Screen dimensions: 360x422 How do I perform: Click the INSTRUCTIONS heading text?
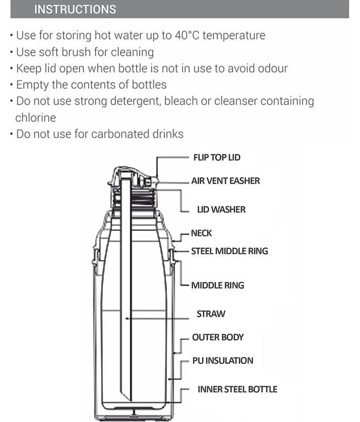pyautogui.click(x=75, y=9)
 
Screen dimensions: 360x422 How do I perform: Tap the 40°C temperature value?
pyautogui.click(x=187, y=35)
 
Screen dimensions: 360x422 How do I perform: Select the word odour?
pyautogui.click(x=273, y=69)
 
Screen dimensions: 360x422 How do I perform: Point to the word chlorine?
pyautogui.click(x=35, y=118)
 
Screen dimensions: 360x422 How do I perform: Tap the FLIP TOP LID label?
pyautogui.click(x=217, y=157)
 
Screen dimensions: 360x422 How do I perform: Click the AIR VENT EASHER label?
pyautogui.click(x=226, y=180)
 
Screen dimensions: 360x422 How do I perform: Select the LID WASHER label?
pyautogui.click(x=221, y=209)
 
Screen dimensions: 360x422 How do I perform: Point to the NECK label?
pyautogui.click(x=201, y=233)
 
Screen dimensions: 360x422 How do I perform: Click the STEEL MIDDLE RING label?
pyautogui.click(x=230, y=251)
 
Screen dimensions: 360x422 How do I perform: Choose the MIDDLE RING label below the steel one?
pyautogui.click(x=218, y=285)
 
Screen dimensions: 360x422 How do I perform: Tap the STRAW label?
pyautogui.click(x=211, y=314)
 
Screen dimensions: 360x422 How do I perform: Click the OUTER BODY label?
pyautogui.click(x=218, y=337)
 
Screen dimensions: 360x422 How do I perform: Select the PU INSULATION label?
pyautogui.click(x=222, y=361)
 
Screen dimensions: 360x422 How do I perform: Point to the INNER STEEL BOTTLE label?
pyautogui.click(x=237, y=389)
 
